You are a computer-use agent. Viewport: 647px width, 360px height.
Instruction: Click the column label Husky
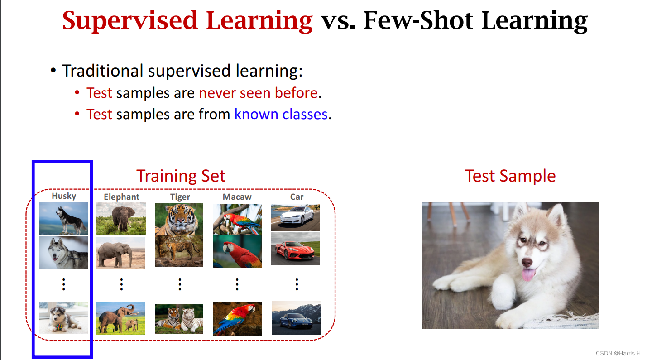pyautogui.click(x=64, y=196)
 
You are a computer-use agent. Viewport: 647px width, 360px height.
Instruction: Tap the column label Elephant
pyautogui.click(x=121, y=197)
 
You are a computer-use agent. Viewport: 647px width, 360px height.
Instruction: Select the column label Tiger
pyautogui.click(x=180, y=197)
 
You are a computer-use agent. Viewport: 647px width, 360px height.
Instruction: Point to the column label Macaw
pyautogui.click(x=237, y=197)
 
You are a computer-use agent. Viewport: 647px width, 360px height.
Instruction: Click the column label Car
pyautogui.click(x=297, y=197)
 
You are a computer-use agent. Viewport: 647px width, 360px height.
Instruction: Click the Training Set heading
pyautogui.click(x=181, y=176)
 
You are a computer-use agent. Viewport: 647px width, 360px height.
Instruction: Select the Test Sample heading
pyautogui.click(x=510, y=176)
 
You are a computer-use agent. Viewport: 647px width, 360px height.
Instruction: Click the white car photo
pyautogui.click(x=295, y=217)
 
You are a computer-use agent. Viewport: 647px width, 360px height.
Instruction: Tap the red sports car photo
pyautogui.click(x=295, y=249)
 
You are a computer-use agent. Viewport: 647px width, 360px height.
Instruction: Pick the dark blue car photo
pyautogui.click(x=296, y=318)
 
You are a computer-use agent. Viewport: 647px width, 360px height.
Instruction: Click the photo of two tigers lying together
pyautogui.click(x=179, y=319)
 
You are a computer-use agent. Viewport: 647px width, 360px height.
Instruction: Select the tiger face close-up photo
pyautogui.click(x=179, y=218)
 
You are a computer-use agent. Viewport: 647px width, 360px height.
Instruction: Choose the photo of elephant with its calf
pyautogui.click(x=120, y=318)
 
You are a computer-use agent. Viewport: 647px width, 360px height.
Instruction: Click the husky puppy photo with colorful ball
pyautogui.click(x=64, y=317)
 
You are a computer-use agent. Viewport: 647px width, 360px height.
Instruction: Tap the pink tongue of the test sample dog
pyautogui.click(x=527, y=274)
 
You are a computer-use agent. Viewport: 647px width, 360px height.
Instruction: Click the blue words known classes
pyautogui.click(x=281, y=114)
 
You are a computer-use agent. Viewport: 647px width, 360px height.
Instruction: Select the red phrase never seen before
pyautogui.click(x=258, y=93)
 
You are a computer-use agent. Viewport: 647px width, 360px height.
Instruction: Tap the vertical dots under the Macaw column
pyautogui.click(x=237, y=284)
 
